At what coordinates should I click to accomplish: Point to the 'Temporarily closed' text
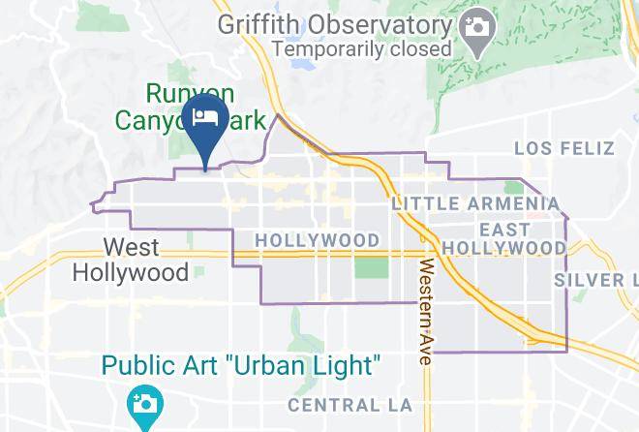[362, 46]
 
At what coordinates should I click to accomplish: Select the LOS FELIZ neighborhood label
[564, 148]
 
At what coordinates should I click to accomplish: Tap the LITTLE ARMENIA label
[475, 203]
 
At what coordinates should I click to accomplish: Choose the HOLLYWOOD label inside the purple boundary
[318, 239]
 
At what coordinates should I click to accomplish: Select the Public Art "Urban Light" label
[241, 366]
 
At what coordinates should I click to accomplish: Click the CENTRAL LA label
[350, 404]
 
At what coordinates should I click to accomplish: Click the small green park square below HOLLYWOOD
[370, 266]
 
